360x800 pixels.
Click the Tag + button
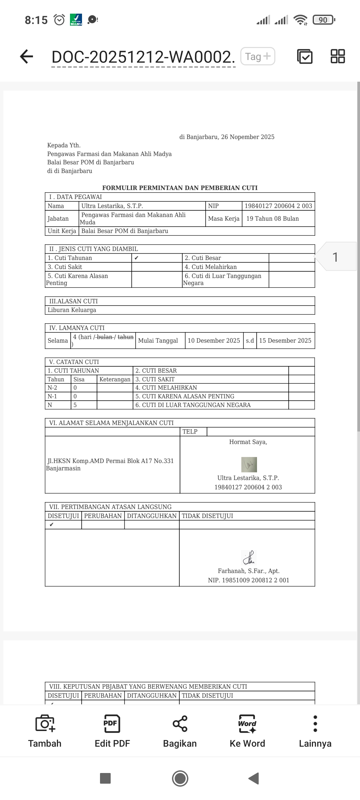(x=258, y=56)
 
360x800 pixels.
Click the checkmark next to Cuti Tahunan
(x=136, y=258)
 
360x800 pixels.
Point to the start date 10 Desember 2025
(x=214, y=341)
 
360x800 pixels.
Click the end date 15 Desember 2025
(x=285, y=341)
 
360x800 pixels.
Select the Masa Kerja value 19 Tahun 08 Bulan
(x=272, y=219)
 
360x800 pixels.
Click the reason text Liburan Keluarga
(x=72, y=310)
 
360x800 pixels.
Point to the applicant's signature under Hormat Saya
(x=249, y=464)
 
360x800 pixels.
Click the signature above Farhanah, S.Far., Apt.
(x=249, y=557)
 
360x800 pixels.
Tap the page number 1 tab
(x=335, y=257)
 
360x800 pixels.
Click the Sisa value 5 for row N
(x=75, y=405)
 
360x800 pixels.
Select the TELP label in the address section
(x=190, y=432)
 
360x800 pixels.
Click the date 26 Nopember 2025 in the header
(x=248, y=137)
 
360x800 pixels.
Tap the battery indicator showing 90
(x=323, y=20)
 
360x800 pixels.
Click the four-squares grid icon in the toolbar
(x=338, y=56)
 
